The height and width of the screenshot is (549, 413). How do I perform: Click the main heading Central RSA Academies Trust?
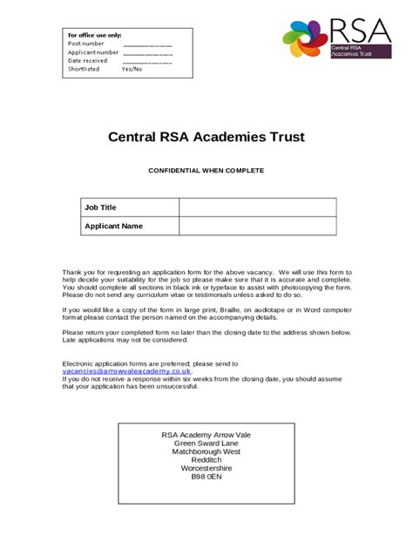pos(206,137)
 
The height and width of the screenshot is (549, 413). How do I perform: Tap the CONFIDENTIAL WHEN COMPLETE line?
pos(206,171)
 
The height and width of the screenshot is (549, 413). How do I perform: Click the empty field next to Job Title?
pos(258,207)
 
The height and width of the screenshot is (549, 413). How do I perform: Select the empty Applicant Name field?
pos(258,226)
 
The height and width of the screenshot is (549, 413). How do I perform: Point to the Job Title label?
pos(100,207)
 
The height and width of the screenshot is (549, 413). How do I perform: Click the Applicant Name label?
pos(113,226)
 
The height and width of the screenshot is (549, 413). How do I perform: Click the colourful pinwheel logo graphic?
pos(305,39)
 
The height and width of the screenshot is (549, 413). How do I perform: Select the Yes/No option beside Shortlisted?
pos(132,69)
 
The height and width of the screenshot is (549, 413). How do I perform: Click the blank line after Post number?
pos(147,44)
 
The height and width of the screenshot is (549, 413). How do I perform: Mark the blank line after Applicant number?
pos(147,52)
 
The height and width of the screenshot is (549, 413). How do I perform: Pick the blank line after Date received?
pos(147,61)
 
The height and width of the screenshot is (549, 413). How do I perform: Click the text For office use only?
pos(95,34)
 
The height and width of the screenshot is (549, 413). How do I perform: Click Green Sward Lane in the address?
pos(206,444)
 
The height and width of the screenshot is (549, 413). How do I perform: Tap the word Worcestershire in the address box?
pos(206,468)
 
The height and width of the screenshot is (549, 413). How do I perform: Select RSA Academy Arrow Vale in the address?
pos(206,435)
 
